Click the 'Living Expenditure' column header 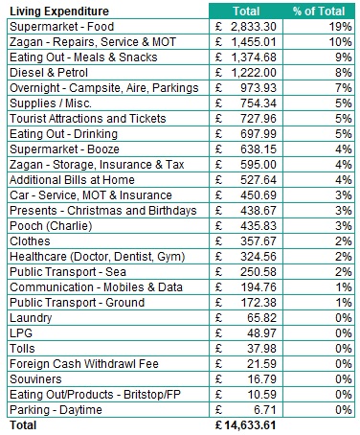[57, 11]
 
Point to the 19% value [341, 27]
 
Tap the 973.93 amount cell [252, 87]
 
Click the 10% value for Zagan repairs [341, 42]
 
